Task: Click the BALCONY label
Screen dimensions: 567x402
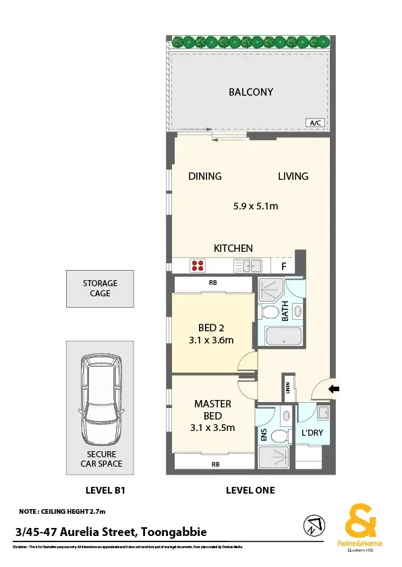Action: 250,92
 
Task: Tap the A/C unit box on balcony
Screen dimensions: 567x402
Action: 314,123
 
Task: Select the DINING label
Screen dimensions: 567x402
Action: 204,176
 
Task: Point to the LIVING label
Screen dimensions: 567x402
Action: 293,176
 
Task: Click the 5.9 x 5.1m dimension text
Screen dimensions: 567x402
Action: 251,206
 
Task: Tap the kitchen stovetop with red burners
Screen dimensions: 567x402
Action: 198,266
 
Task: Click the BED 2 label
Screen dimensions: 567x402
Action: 211,328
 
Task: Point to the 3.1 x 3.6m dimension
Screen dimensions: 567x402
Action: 211,340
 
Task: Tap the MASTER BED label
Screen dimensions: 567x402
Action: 212,409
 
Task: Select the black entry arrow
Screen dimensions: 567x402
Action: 336,389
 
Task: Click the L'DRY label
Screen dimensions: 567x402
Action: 312,432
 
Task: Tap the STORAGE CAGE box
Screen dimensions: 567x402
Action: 100,288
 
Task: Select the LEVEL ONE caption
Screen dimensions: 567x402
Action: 250,490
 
